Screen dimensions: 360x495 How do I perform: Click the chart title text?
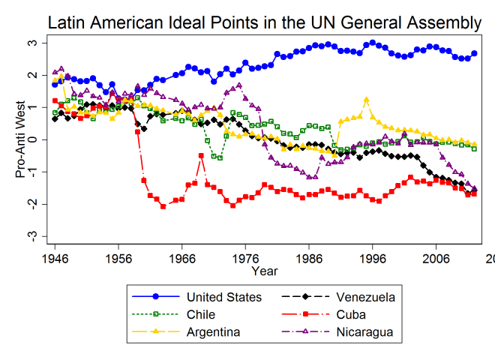pyautogui.click(x=264, y=22)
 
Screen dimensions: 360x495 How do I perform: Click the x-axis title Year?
pyautogui.click(x=264, y=270)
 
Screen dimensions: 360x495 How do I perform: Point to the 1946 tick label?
pyautogui.click(x=55, y=257)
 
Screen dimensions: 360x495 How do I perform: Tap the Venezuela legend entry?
pyautogui.click(x=366, y=297)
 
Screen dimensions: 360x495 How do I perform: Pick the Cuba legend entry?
pyautogui.click(x=352, y=314)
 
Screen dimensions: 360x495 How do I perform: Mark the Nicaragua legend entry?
pyautogui.click(x=364, y=331)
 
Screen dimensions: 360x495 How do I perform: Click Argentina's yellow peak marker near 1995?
pyautogui.click(x=366, y=100)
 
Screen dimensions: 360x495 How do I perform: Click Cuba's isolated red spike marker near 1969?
pyautogui.click(x=201, y=156)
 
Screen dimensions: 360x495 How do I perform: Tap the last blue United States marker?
pyautogui.click(x=474, y=53)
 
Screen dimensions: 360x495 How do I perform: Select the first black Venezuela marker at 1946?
pyautogui.click(x=55, y=118)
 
